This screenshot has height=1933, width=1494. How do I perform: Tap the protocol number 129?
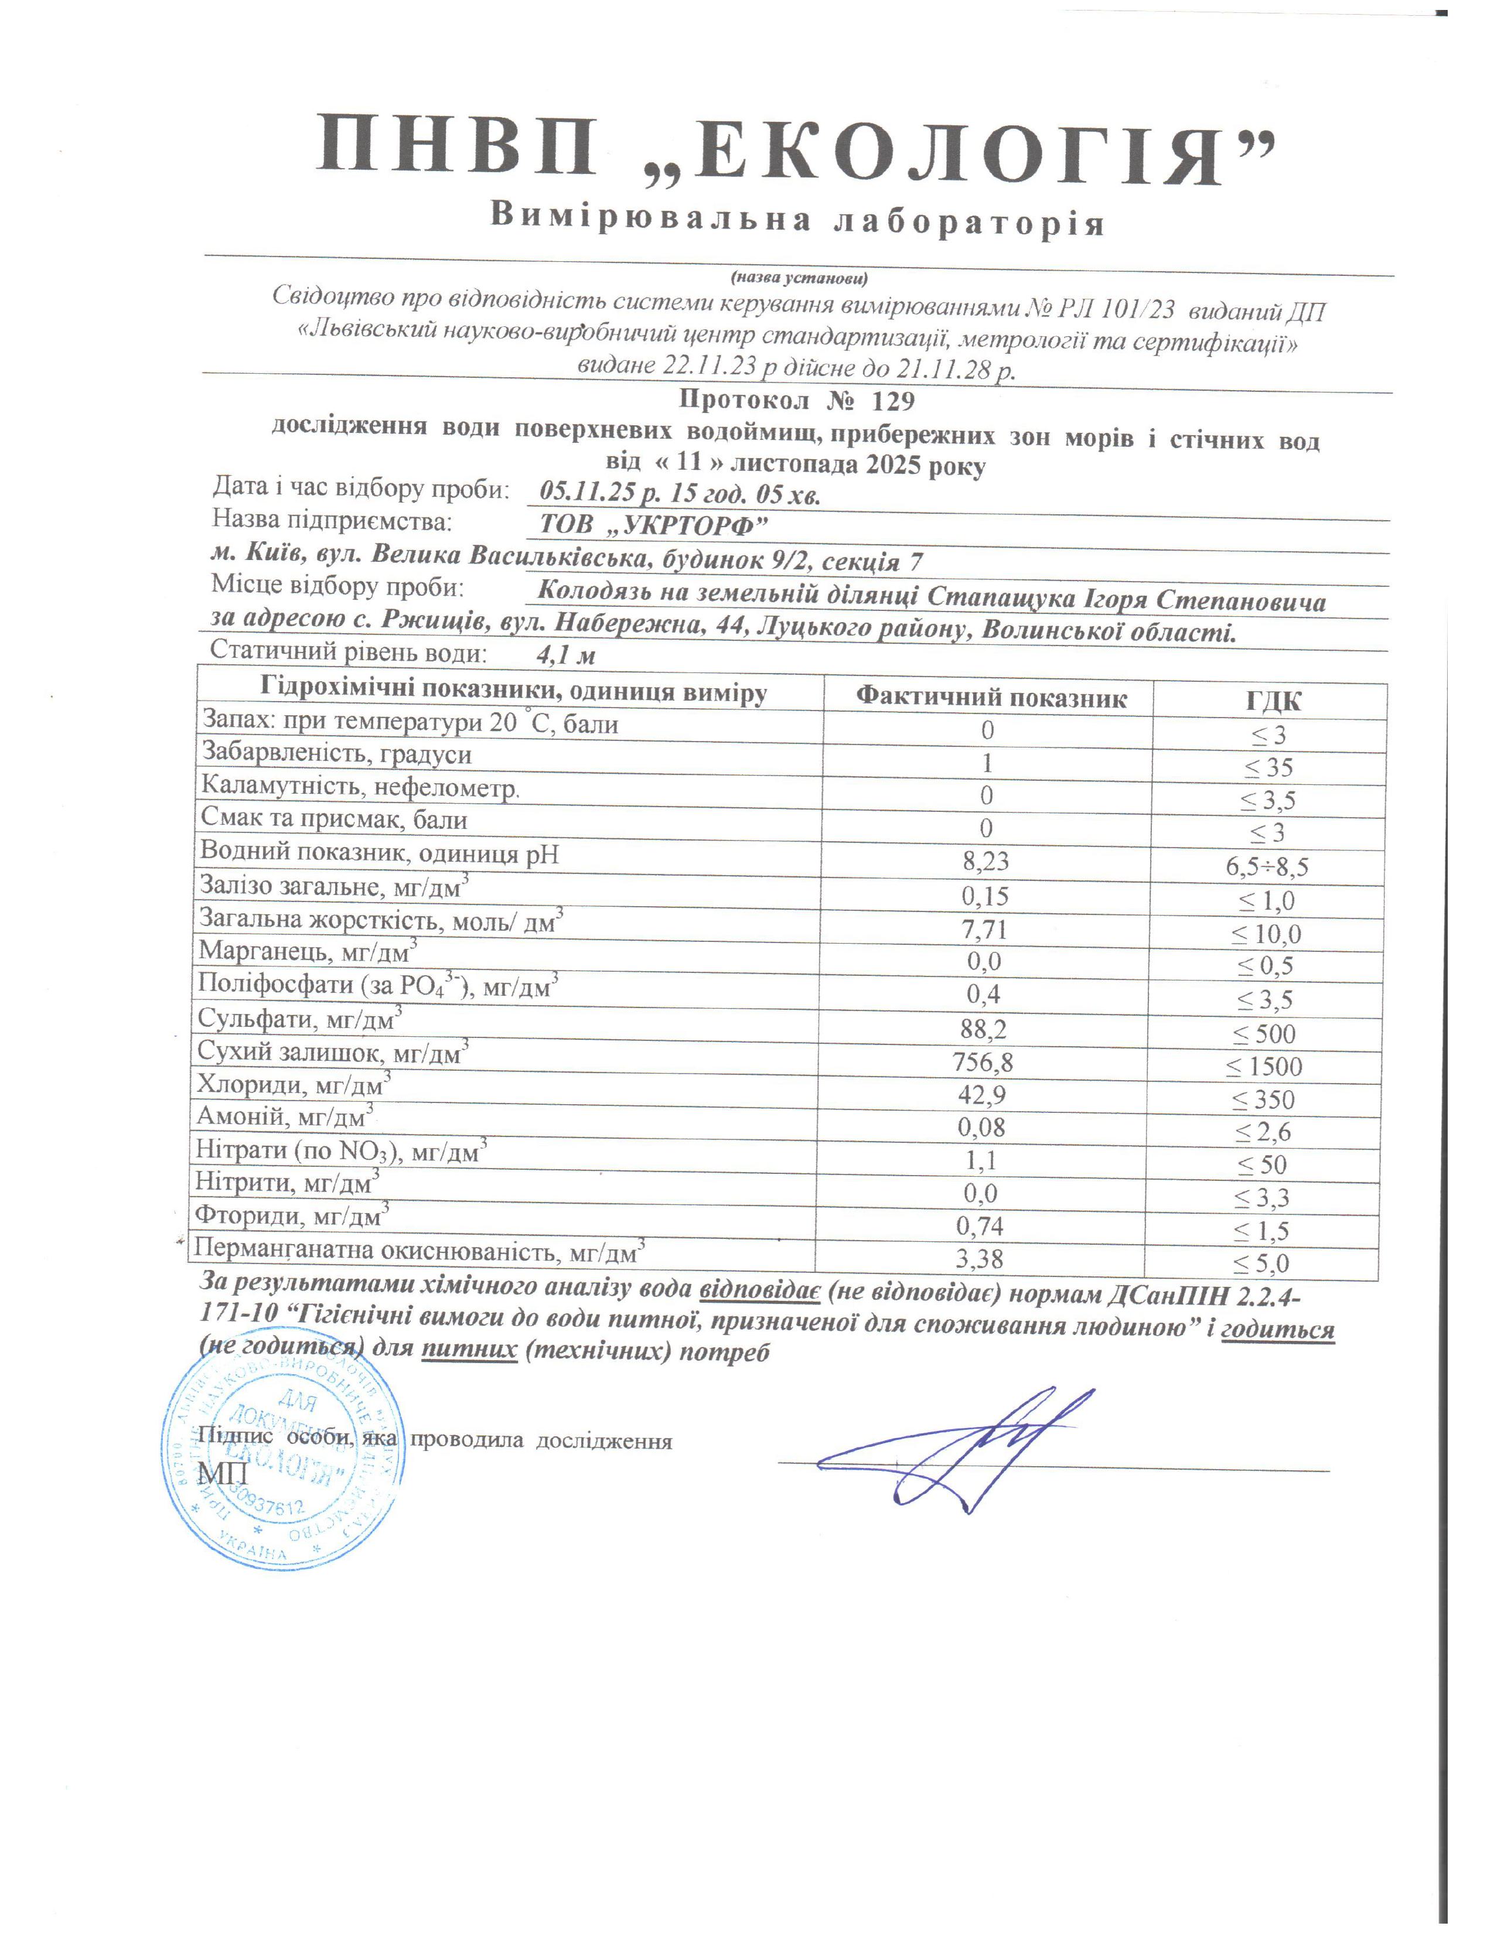893,401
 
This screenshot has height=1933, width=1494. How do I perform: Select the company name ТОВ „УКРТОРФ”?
653,525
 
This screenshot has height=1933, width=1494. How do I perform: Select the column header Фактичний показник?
990,698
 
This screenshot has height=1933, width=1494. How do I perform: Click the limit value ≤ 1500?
1264,1067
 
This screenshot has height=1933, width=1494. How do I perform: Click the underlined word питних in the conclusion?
469,1351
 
